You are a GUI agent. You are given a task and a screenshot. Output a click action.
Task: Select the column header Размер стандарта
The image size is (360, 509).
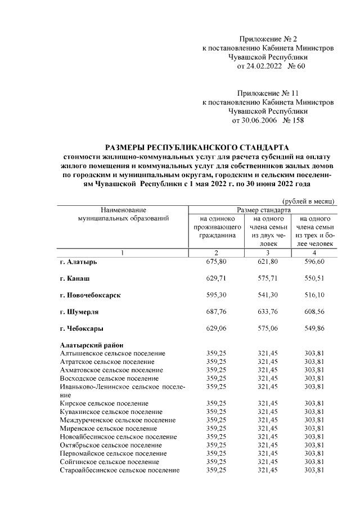point(264,209)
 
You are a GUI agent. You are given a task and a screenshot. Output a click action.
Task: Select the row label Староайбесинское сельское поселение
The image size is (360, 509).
point(120,470)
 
